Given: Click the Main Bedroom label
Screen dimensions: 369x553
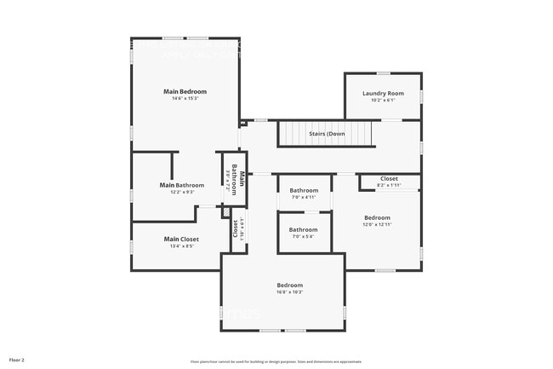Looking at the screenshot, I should coord(185,91).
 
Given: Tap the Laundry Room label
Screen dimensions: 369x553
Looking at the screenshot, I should coord(383,93).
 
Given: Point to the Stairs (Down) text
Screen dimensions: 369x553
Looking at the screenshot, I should coord(327,134).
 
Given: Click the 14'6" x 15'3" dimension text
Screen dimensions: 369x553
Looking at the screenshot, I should coord(185,99).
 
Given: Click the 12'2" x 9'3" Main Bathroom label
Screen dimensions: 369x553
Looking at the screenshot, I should coord(182,185).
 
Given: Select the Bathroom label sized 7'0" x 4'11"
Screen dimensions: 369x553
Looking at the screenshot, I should coord(303,190).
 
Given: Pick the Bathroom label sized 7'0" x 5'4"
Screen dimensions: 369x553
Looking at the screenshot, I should coord(303,229).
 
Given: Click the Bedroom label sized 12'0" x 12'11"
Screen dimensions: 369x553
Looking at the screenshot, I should coord(377,217).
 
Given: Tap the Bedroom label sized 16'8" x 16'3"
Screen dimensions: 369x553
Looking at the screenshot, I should coord(289,285).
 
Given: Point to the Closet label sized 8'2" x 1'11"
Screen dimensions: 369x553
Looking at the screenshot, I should coord(389,178).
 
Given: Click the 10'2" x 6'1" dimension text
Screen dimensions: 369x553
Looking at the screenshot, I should coord(383,101).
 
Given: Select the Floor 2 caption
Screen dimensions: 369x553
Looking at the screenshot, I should coord(17,360).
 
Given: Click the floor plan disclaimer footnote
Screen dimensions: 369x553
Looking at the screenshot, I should coord(276,361).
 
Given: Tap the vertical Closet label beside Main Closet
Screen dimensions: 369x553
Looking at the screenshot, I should coord(236,228).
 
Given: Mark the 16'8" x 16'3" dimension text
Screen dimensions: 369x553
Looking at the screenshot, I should coord(289,292).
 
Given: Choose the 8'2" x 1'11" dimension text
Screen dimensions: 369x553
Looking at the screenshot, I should coord(389,185).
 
